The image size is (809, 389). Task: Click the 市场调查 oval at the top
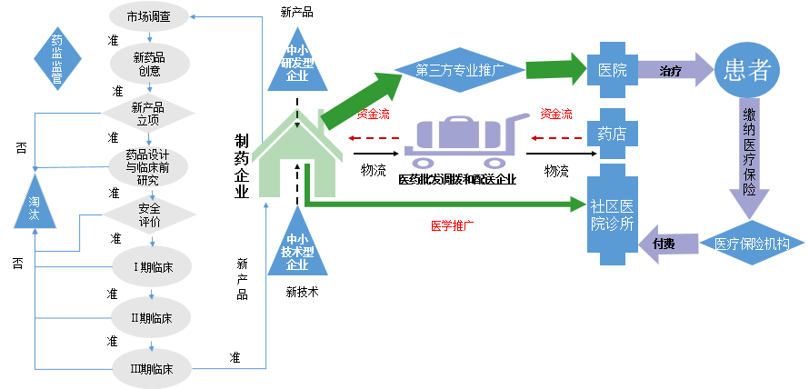[149, 16]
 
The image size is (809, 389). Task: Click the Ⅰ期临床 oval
[149, 266]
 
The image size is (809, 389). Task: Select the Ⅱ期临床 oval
[149, 316]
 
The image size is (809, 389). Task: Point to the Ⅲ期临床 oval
[149, 367]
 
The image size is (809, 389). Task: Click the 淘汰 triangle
[34, 208]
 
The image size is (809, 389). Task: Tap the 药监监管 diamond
[57, 60]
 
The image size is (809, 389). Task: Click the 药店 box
[611, 135]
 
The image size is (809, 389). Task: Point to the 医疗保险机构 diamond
[751, 244]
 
